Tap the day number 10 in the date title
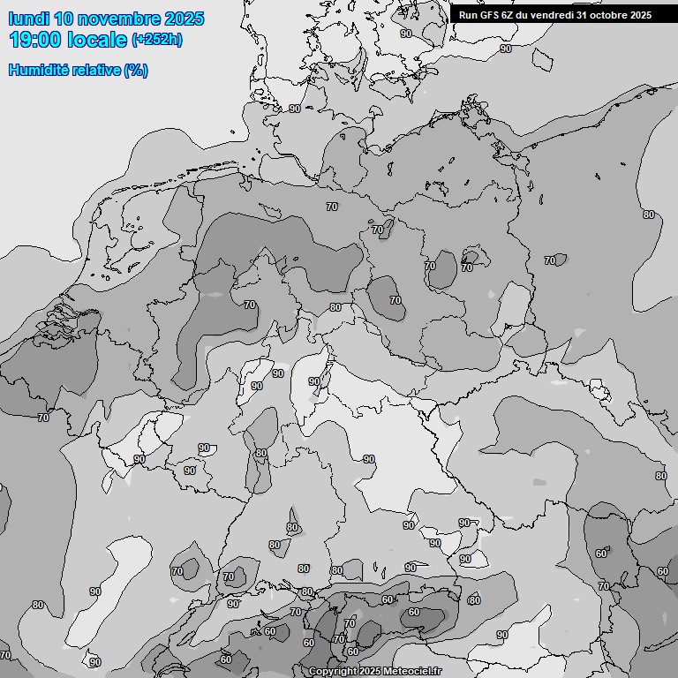click(64, 19)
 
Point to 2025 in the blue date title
click(184, 19)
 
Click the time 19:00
click(34, 40)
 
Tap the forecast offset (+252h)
click(157, 41)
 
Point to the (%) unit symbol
click(136, 71)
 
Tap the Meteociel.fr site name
click(411, 672)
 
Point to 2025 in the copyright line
click(370, 672)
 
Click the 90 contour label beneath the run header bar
click(506, 49)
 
